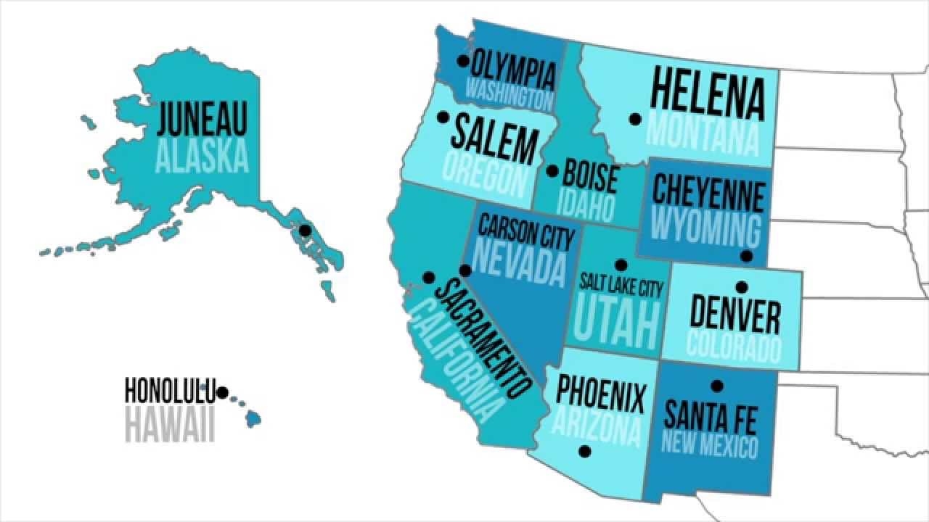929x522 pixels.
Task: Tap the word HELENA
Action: point(708,94)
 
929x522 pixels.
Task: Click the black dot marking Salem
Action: point(442,117)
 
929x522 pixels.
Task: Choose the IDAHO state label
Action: point(585,207)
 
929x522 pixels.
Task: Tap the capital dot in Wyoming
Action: point(746,256)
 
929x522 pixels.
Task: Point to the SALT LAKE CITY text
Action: point(621,289)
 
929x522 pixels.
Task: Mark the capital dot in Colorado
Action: point(741,287)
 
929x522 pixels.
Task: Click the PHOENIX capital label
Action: point(601,397)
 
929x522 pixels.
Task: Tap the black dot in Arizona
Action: point(585,452)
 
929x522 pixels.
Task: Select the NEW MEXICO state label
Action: point(709,444)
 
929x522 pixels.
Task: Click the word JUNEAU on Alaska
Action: point(202,120)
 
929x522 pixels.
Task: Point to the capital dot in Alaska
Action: point(306,231)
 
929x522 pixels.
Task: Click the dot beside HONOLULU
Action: point(223,392)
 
